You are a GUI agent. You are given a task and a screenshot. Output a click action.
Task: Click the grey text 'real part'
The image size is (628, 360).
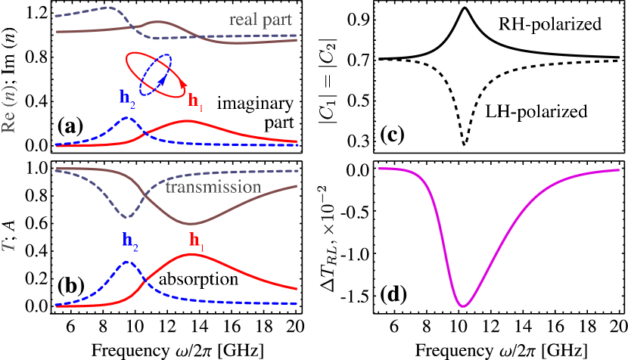tap(260, 20)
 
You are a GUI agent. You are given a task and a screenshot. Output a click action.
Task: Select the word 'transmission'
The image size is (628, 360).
tap(213, 187)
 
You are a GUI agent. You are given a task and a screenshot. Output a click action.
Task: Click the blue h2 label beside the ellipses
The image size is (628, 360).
tap(128, 97)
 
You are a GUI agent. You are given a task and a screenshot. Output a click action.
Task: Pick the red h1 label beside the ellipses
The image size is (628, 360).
tap(195, 102)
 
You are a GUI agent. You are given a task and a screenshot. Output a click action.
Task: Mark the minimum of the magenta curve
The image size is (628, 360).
tap(464, 306)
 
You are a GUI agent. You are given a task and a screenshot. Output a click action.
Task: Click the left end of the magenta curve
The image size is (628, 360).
tap(380, 169)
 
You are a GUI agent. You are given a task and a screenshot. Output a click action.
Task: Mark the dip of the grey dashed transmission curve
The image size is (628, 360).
tap(128, 218)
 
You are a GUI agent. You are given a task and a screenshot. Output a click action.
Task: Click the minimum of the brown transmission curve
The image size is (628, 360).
tap(192, 224)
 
